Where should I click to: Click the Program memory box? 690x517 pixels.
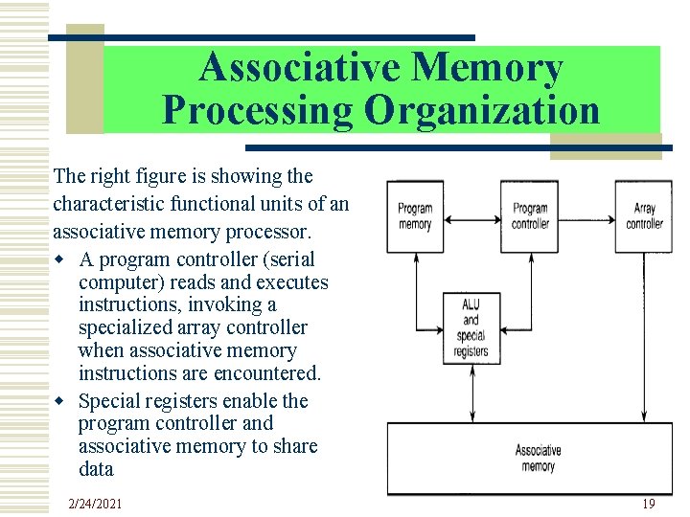pos(415,216)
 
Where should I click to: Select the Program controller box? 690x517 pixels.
pos(530,216)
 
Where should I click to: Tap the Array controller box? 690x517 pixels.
pos(644,216)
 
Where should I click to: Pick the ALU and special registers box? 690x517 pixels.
pos(471,327)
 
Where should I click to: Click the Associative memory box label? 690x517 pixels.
pos(538,458)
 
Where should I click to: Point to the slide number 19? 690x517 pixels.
pos(648,504)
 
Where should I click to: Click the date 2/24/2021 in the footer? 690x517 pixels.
pos(95,504)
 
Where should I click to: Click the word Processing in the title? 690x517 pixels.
pos(258,110)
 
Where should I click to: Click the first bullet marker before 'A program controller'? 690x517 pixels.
pos(61,259)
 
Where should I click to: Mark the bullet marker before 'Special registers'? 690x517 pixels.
pos(61,401)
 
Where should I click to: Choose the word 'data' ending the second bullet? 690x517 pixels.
pos(97,469)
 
